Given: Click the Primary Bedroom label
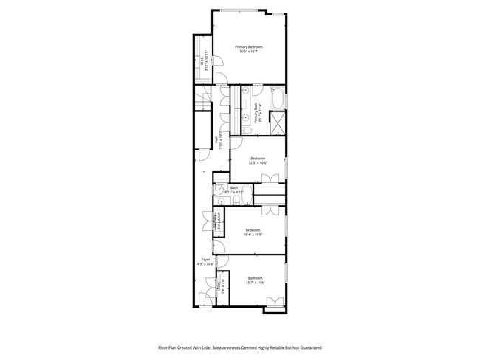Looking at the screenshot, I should pyautogui.click(x=249, y=49).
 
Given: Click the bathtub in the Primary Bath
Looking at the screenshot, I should pyautogui.click(x=278, y=99).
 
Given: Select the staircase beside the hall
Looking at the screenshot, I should pyautogui.click(x=203, y=99).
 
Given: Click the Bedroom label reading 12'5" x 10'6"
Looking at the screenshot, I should pyautogui.click(x=257, y=160).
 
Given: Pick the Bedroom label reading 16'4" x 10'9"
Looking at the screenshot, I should pyautogui.click(x=253, y=232).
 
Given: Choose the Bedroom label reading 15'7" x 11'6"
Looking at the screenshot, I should pyautogui.click(x=255, y=280).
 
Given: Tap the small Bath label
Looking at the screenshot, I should pyautogui.click(x=234, y=189).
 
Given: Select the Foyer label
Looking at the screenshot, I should pyautogui.click(x=206, y=260).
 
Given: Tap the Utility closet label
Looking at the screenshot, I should pyautogui.click(x=219, y=286).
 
